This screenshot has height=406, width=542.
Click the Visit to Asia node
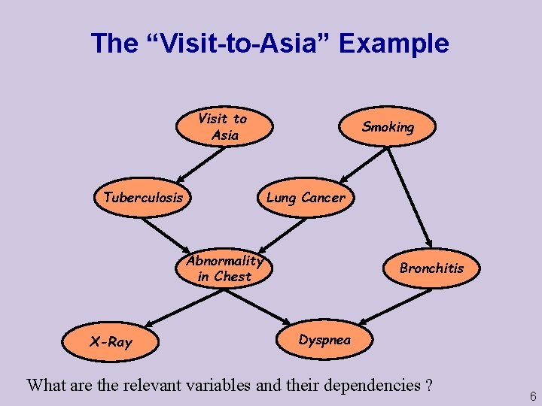pos(224,126)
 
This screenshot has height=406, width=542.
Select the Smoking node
pos(388,127)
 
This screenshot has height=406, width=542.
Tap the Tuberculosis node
pos(143,198)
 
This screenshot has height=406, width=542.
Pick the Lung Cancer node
pos(305,198)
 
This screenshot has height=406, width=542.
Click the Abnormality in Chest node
pos(224,268)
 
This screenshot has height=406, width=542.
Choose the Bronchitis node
pos(431,268)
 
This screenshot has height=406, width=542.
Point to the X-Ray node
pos(111,342)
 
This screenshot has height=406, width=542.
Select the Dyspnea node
pos(324,340)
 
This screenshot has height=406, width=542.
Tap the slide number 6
pos(532,396)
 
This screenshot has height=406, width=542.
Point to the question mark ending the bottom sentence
pos(428,386)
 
